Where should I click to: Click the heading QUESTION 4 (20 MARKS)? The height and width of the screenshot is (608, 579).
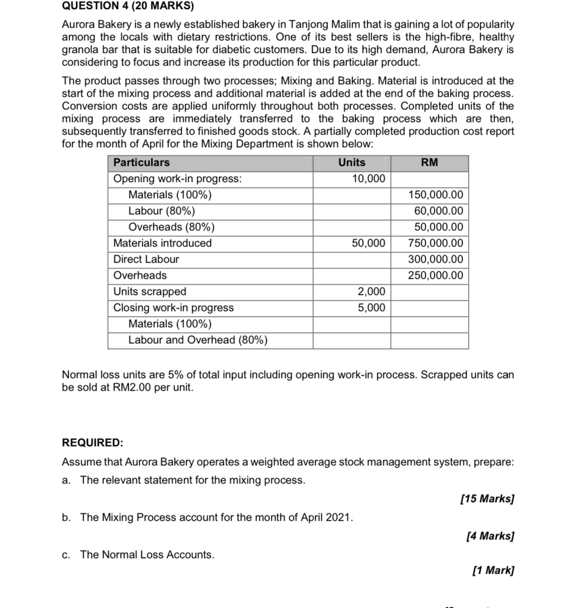(128, 6)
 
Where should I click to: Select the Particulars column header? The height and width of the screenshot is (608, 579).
(141, 162)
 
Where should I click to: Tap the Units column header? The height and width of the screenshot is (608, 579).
(352, 162)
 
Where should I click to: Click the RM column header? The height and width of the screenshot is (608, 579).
(429, 162)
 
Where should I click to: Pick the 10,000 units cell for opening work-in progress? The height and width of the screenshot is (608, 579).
(368, 178)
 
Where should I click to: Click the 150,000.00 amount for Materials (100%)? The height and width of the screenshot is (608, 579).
(436, 195)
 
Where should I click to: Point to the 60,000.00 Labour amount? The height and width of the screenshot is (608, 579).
(438, 211)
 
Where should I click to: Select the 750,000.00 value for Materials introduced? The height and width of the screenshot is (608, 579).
(436, 243)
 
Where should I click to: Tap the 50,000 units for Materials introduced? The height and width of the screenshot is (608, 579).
(368, 243)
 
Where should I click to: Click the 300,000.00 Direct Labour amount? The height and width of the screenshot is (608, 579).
(436, 259)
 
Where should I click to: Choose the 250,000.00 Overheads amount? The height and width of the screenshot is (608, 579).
(436, 275)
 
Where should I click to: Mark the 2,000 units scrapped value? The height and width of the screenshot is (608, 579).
(371, 291)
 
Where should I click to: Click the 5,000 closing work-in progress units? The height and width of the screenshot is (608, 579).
(371, 308)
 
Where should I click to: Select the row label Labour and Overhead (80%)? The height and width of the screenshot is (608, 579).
(198, 340)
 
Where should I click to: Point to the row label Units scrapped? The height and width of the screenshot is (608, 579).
(150, 291)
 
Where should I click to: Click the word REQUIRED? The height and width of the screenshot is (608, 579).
(92, 443)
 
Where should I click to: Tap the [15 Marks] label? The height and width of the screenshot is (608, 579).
(487, 499)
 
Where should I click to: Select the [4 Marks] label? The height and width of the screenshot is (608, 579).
(490, 536)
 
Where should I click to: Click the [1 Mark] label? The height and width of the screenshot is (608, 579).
(493, 570)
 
